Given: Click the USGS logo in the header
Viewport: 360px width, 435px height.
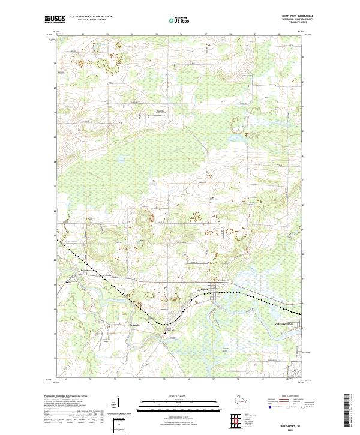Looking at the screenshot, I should click(54, 19).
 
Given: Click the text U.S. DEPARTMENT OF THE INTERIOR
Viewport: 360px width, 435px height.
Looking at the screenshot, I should click(91, 17).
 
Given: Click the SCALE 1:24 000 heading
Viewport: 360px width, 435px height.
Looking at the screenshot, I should click(179, 397).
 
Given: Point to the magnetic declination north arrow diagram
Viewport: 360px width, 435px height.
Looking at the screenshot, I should click(120, 407).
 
